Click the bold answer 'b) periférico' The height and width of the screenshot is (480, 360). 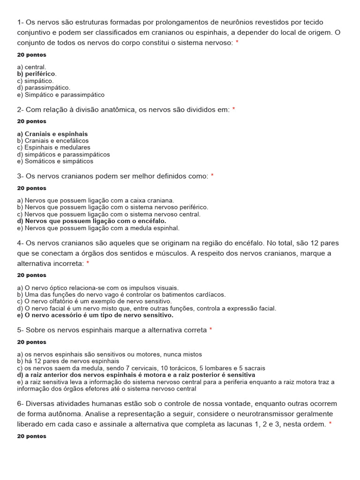tap(37, 74)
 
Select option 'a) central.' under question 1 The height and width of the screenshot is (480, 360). tap(32, 67)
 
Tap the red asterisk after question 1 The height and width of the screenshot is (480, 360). tap(237, 43)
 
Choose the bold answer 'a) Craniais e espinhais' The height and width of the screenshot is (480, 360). tap(52, 134)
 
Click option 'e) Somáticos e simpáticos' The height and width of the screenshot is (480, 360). tap(55, 161)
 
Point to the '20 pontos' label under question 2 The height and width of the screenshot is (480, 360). tap(32, 121)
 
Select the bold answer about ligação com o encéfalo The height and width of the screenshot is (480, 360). tap(92, 221)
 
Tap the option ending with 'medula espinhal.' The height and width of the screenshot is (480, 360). tap(98, 228)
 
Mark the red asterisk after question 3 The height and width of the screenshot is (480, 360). tap(212, 176)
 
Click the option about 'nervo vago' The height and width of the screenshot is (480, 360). tap(121, 295)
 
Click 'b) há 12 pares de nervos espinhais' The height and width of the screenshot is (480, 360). tap(68, 361)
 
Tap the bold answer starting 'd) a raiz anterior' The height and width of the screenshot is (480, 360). tap(136, 375)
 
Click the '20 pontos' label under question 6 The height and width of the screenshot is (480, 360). tap(32, 436)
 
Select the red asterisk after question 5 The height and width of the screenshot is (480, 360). tap(210, 330)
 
